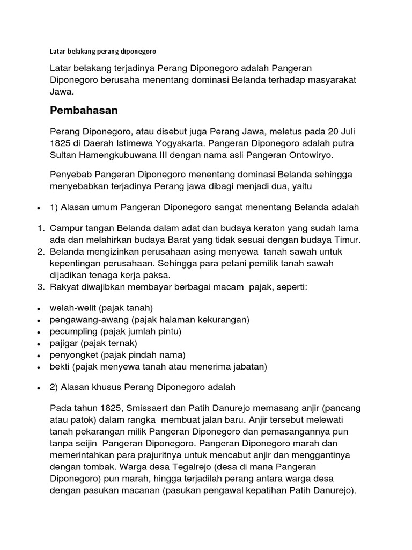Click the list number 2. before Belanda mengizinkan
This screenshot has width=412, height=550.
click(41, 251)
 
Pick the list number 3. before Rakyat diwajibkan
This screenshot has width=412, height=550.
click(41, 287)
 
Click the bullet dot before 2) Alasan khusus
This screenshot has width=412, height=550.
click(39, 388)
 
